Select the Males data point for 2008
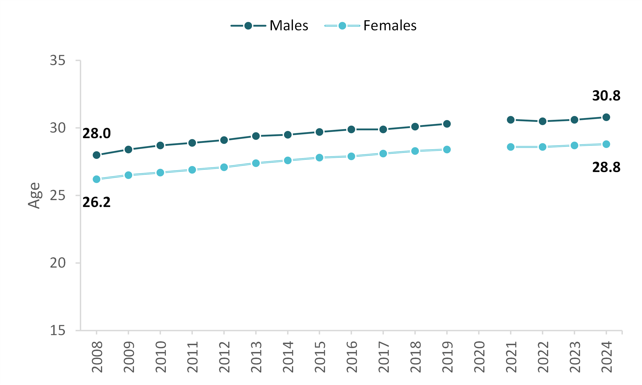coord(97,155)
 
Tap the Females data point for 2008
coord(97,179)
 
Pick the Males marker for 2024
coord(606,117)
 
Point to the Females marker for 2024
coord(606,144)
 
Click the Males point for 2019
coord(447,124)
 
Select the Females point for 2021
coord(511,147)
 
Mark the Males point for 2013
coord(256,136)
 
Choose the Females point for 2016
coord(351,156)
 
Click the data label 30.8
coord(606,96)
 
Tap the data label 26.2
coord(97,202)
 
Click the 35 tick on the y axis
coord(58,61)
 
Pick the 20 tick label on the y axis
coord(58,263)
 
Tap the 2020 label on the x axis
coord(479,357)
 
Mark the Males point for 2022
coord(542,121)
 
